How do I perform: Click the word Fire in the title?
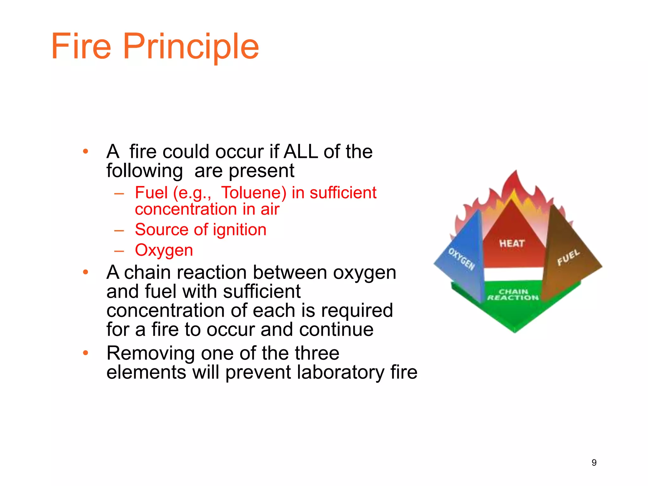[81, 47]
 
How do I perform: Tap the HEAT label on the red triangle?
[512, 243]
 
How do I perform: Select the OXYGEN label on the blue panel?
[462, 259]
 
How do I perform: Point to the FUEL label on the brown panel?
[568, 257]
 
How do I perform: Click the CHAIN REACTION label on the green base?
[513, 295]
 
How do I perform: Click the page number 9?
[594, 463]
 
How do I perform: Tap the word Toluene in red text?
[253, 193]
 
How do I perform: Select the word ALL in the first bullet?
[301, 152]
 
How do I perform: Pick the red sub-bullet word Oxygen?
[164, 250]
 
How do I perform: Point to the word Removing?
[151, 353]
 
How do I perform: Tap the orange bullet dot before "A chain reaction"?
[85, 272]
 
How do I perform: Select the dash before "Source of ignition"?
[119, 230]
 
